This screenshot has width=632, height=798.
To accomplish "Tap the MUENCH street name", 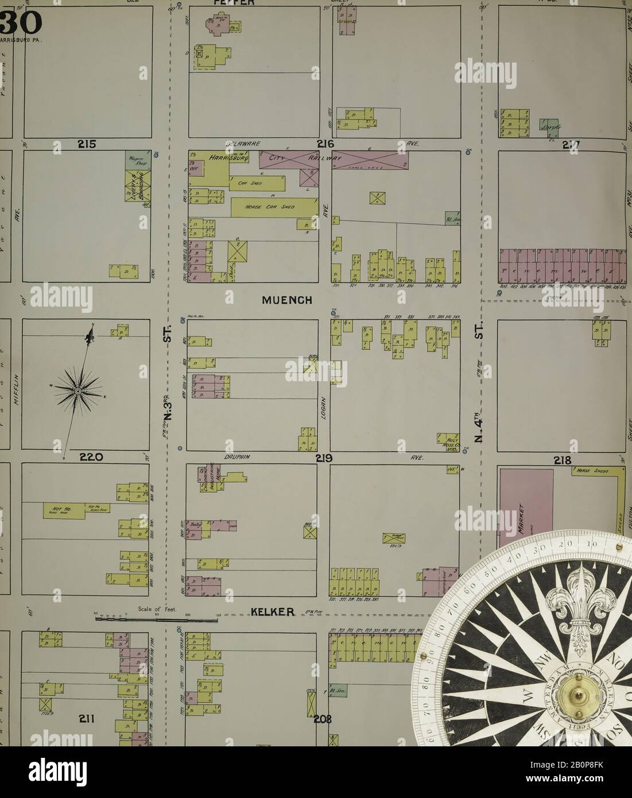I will (287, 300).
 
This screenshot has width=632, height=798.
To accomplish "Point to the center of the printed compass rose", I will (77, 390).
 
